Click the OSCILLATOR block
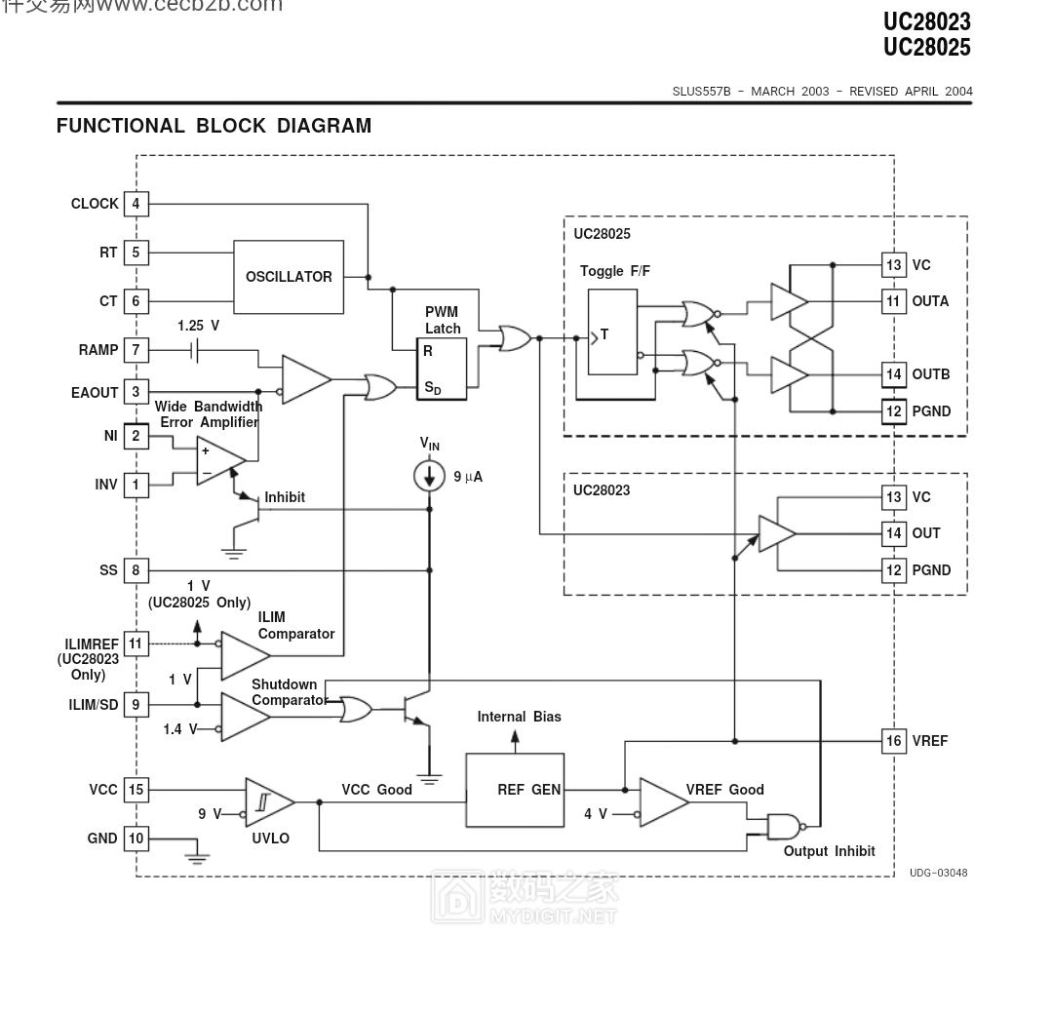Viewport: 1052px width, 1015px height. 289,277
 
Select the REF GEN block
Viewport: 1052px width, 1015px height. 515,790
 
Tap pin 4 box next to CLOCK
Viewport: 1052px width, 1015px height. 136,204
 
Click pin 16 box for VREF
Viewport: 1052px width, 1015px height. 893,741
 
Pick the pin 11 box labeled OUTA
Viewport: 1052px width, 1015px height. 893,301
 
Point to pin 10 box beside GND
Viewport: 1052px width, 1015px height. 136,839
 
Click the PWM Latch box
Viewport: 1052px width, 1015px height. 443,369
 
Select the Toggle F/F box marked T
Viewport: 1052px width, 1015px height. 612,332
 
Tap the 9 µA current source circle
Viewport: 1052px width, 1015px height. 429,477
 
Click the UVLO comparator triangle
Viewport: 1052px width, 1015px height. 266,802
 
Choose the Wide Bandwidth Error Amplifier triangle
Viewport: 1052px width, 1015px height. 217,461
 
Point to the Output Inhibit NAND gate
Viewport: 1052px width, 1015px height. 784,827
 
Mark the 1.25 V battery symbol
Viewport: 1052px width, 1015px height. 198,350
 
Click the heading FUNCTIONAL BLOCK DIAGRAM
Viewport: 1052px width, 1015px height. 214,126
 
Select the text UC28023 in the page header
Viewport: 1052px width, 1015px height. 926,21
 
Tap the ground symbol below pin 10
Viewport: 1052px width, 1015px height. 198,858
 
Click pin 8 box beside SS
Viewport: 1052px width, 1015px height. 136,570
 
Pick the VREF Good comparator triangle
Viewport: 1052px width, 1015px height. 662,801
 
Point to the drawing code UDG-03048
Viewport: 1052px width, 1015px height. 938,873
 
